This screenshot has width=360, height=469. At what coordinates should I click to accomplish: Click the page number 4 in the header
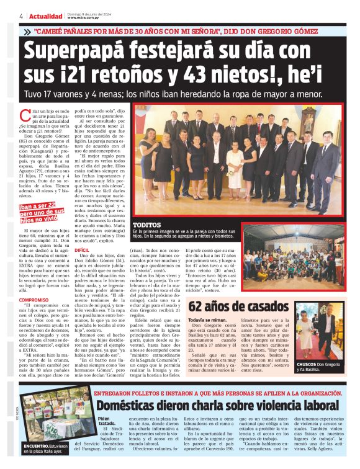tap(22, 16)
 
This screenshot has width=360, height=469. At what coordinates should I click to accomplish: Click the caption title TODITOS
tap(148, 225)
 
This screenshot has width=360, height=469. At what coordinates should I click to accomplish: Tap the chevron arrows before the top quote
tap(27, 31)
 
